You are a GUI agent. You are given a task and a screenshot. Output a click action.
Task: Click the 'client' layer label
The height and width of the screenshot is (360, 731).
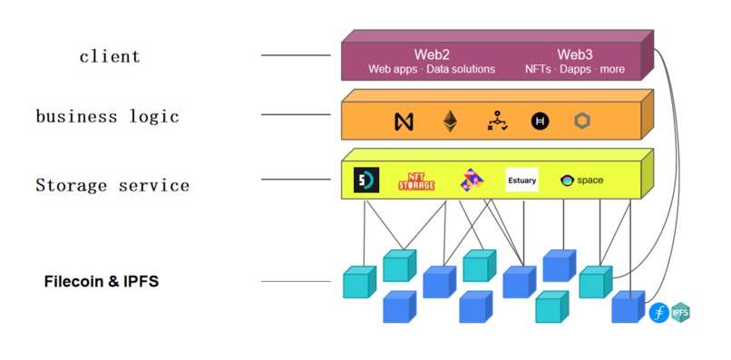pyautogui.click(x=110, y=56)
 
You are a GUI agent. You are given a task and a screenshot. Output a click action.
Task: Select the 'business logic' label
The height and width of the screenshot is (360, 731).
pyautogui.click(x=107, y=116)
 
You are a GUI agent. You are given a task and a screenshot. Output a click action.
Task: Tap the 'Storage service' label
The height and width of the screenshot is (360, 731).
pyautogui.click(x=112, y=185)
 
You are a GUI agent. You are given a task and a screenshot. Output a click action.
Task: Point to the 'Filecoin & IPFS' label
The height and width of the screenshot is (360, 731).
pyautogui.click(x=102, y=282)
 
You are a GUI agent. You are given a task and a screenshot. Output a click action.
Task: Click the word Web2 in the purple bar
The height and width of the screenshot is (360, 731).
pyautogui.click(x=432, y=54)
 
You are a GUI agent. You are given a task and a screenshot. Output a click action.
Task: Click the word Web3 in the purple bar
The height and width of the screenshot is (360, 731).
pyautogui.click(x=574, y=54)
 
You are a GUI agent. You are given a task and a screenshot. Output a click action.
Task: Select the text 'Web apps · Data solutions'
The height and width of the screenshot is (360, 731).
pyautogui.click(x=432, y=70)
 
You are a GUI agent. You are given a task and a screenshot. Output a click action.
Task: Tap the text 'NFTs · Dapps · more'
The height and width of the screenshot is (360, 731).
pyautogui.click(x=574, y=70)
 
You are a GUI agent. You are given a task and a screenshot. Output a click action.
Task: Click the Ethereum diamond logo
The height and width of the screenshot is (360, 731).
pyautogui.click(x=450, y=121)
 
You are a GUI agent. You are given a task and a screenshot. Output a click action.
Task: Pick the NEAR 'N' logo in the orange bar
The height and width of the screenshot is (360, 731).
pyautogui.click(x=404, y=122)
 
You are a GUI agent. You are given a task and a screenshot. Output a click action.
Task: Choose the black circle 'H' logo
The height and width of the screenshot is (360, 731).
pyautogui.click(x=540, y=122)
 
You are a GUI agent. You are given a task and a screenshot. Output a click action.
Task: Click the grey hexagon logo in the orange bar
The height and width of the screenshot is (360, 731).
pyautogui.click(x=582, y=121)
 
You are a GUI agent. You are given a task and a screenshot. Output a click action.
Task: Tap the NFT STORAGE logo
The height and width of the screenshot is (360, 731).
pyautogui.click(x=417, y=180)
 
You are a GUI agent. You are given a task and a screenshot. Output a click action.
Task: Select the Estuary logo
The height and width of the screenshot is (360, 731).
pyautogui.click(x=521, y=180)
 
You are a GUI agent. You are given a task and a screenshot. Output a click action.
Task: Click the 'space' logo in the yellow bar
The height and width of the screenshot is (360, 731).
pyautogui.click(x=582, y=180)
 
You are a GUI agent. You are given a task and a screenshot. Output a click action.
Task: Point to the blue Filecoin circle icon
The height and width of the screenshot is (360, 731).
pyautogui.click(x=658, y=314)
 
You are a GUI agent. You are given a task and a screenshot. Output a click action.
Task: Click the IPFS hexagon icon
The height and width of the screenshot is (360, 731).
pyautogui.click(x=681, y=313)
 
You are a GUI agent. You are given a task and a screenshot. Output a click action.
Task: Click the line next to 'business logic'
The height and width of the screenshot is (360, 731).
pyautogui.click(x=296, y=114)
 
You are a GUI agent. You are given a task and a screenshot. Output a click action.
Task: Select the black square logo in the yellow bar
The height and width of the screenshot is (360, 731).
pyautogui.click(x=365, y=180)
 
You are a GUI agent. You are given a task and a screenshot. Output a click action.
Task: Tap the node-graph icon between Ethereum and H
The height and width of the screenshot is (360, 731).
pyautogui.click(x=495, y=121)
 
